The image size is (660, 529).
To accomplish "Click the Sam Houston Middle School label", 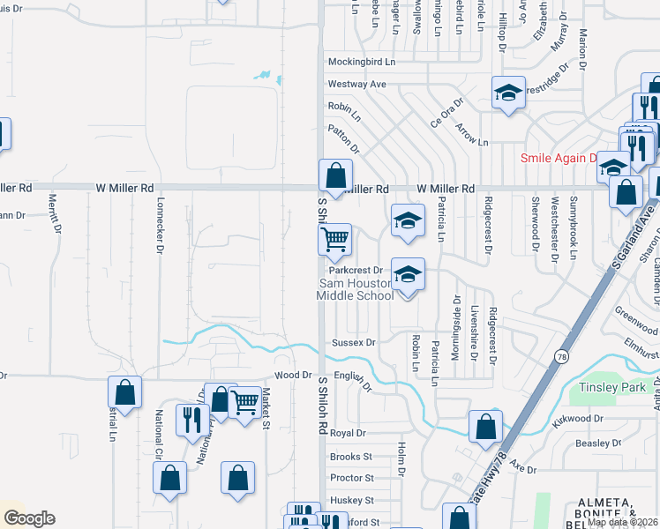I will [355, 288].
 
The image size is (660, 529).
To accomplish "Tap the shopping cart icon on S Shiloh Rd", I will [334, 239].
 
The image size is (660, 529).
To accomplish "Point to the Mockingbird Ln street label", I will [362, 63].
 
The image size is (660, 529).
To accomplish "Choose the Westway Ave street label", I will [357, 84].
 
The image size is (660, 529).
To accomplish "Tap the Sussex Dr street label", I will [354, 342].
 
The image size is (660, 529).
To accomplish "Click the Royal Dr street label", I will [348, 434].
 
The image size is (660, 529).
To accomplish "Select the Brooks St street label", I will [351, 457].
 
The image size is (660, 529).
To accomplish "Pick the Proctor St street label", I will [351, 478].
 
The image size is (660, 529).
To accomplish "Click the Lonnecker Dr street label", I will [160, 232].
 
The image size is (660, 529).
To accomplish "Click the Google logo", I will [28, 518].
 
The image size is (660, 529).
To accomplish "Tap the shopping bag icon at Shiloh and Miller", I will [335, 175].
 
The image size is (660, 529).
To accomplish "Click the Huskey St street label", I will [351, 500].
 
